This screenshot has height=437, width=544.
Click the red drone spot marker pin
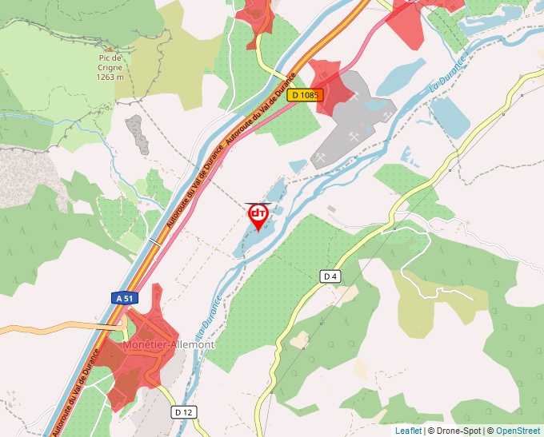(258, 217)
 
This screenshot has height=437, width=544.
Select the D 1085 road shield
(305, 95)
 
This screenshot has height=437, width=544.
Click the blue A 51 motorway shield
(123, 298)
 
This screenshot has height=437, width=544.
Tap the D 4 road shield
(330, 276)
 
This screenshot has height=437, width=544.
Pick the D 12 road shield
(183, 412)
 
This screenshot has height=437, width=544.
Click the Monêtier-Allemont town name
(169, 344)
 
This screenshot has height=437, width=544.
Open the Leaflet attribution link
(408, 431)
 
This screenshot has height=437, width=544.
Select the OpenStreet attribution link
(518, 431)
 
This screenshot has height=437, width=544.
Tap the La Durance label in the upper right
(449, 75)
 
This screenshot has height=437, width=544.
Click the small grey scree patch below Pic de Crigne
(138, 134)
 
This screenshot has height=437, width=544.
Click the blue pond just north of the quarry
(400, 76)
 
